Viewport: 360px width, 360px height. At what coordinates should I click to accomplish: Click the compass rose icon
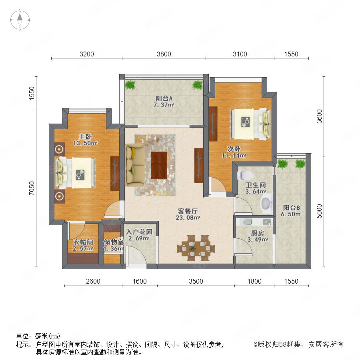20,20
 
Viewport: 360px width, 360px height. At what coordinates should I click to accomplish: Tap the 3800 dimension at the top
164,54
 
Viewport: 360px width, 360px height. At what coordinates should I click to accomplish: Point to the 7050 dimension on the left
32,188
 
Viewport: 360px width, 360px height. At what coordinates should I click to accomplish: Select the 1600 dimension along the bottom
140,281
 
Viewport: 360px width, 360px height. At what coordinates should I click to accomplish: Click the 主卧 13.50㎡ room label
85,140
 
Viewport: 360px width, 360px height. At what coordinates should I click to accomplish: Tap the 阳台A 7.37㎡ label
164,102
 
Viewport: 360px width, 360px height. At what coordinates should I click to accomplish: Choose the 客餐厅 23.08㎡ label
188,214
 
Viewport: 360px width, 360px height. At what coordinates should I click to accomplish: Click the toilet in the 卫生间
246,175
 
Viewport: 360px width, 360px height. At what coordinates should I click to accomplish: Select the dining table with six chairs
196,248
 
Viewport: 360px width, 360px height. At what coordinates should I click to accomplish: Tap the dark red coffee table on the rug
159,165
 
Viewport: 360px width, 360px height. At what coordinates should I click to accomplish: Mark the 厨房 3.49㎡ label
257,236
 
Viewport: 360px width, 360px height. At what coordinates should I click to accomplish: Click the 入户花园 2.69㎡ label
139,235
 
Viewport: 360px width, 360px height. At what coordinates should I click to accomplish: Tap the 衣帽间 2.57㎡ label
83,245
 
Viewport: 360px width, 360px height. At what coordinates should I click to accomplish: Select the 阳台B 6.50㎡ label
291,211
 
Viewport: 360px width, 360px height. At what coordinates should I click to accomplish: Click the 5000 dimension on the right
319,211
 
